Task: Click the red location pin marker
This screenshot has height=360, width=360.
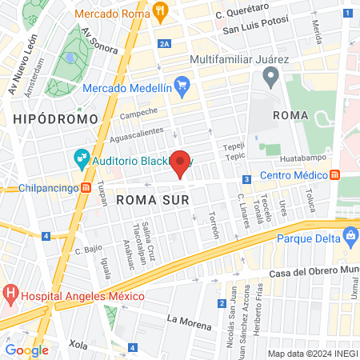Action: (181, 163)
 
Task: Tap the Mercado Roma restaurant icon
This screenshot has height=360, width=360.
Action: (161, 13)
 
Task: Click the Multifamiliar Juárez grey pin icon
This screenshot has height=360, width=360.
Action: (270, 77)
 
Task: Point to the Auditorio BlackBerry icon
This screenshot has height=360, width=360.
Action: (80, 158)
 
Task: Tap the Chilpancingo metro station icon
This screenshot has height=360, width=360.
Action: (85, 188)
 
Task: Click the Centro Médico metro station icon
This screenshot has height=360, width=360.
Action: (334, 175)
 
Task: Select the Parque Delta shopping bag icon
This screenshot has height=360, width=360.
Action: (350, 237)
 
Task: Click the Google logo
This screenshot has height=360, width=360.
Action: (27, 350)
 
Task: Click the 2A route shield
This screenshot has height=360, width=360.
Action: (165, 45)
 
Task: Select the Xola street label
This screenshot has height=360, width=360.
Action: (78, 343)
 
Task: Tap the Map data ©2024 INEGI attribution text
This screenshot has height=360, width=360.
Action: (312, 354)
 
